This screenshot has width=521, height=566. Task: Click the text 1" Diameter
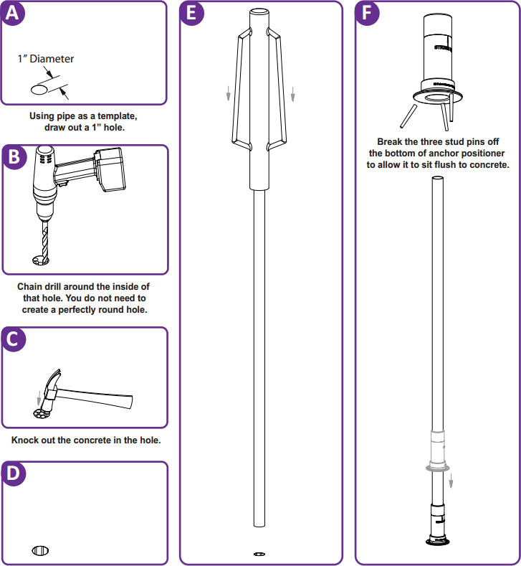pos(46,59)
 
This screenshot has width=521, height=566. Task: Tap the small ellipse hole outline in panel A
pos(41,90)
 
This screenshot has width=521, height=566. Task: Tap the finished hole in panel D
pos(40,550)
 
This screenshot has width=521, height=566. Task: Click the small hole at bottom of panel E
pos(259,553)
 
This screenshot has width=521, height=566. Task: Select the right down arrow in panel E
pos(293,94)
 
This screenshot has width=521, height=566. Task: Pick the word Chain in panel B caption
pos(31,287)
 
